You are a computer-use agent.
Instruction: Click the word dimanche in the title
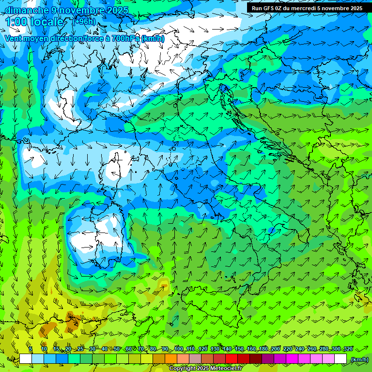27,10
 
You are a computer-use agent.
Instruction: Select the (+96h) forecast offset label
84,22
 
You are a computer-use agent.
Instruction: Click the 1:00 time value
16,22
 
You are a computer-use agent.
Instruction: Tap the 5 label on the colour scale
31,349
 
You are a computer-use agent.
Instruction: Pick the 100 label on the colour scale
179,349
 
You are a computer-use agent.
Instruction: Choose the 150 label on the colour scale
239,349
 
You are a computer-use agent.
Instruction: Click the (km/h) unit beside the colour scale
359,359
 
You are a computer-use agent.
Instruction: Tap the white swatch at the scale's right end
341,359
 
